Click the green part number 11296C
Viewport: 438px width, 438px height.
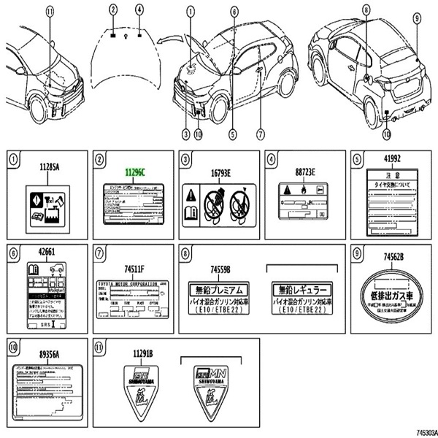click(x=132, y=172)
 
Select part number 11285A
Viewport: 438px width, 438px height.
click(x=48, y=166)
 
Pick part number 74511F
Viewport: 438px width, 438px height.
click(x=132, y=268)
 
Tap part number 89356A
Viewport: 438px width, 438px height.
click(x=49, y=353)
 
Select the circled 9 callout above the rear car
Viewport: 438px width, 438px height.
click(x=417, y=18)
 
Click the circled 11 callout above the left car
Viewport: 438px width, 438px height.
click(x=50, y=11)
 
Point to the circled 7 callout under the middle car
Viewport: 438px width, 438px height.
click(x=259, y=134)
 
